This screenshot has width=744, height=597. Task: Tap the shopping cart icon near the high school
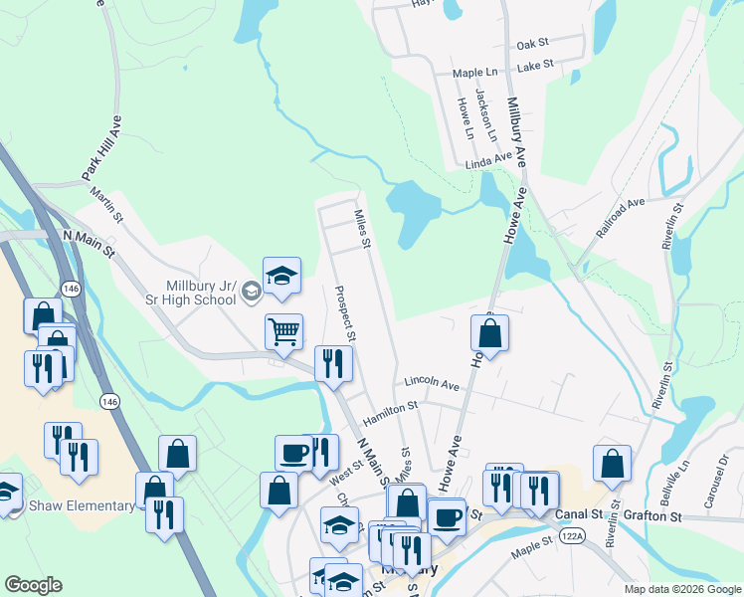click(284, 331)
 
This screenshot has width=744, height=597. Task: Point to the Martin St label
click(105, 204)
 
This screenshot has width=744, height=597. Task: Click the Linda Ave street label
click(488, 160)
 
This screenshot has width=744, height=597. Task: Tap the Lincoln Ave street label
click(432, 383)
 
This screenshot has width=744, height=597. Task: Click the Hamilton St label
click(390, 405)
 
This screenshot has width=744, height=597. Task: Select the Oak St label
click(533, 45)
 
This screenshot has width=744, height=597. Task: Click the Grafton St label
click(652, 516)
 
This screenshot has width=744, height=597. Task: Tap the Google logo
click(33, 585)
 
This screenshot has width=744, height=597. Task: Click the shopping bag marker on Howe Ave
click(489, 334)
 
